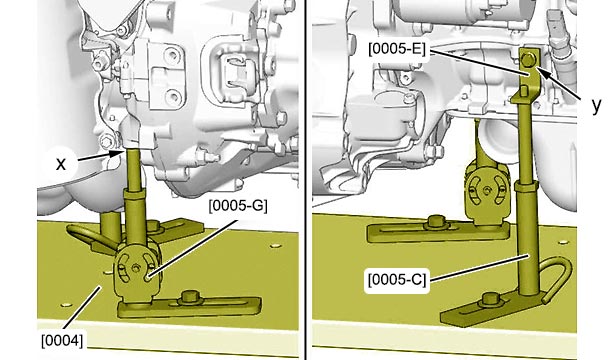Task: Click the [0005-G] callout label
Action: [x=238, y=206]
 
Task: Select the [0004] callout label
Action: [x=62, y=340]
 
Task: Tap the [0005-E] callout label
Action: [x=397, y=49]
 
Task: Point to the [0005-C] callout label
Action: [x=397, y=280]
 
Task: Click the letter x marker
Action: [x=61, y=164]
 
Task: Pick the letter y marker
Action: [x=596, y=105]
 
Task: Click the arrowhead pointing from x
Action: [x=117, y=153]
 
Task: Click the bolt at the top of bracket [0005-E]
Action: [x=528, y=59]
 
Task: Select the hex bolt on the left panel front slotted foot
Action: [x=189, y=297]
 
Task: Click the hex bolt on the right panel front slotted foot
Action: [x=489, y=300]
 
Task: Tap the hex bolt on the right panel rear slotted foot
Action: [x=435, y=222]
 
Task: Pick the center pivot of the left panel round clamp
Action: [x=136, y=268]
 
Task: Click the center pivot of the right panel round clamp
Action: [x=486, y=191]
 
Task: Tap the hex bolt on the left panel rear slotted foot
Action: [x=153, y=225]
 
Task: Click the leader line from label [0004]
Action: [x=83, y=307]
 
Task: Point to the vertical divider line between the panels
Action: [x=306, y=180]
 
